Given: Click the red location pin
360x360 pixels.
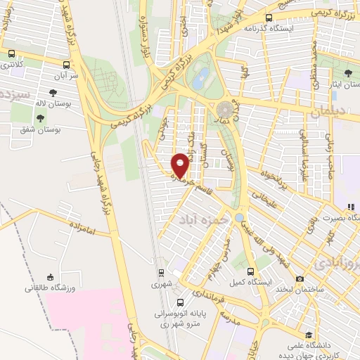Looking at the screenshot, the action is point(180,165).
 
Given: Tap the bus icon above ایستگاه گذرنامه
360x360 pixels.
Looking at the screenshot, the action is point(269,19).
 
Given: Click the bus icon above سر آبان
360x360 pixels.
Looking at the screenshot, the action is point(70,61).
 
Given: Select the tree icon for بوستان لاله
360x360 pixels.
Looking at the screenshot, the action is point(53,92).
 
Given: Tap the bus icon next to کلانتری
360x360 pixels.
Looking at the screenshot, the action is point(11,53).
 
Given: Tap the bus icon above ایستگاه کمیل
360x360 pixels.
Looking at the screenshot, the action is point(251,271).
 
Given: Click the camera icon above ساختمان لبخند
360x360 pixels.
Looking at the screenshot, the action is point(300,279).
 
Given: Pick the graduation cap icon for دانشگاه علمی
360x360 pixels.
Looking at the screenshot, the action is point(308,335).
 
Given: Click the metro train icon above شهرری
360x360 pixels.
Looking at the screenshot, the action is point(161,273).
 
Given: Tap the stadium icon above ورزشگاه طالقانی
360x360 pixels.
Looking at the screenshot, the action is point(49,276).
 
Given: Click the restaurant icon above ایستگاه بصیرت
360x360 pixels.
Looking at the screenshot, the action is point(349,207).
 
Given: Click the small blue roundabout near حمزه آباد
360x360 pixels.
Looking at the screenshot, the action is point(240,217).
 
